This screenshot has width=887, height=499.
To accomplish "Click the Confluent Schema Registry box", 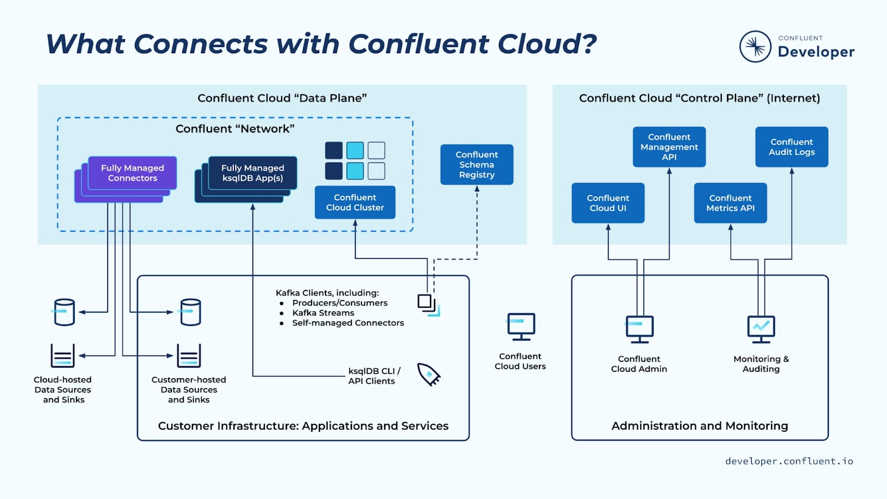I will coord(477,165).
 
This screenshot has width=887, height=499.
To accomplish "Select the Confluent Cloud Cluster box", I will coord(355,202).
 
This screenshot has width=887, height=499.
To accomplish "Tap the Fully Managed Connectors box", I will coord(132,173).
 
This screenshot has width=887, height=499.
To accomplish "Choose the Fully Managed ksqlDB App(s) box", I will coord(253,173).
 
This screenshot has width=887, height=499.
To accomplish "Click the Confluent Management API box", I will coord(669,147).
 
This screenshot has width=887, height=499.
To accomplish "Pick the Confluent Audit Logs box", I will coord(792,147).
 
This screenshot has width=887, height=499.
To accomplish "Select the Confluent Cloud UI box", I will coord(608,203).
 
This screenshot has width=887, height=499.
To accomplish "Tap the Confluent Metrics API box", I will coord(730,203).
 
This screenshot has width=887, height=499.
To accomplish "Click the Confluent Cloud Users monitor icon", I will coord(521,327).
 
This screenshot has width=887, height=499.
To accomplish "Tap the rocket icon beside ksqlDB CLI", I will coord(429,375).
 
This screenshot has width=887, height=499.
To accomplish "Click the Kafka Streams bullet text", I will coord(323,313).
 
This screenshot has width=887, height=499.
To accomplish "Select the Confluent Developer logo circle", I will coord(755,47).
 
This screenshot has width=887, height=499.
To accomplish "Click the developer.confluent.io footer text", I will coord(789,461).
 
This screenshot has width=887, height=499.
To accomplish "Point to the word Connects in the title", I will coord(201,44).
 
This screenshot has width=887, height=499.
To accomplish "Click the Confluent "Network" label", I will coord(235,129).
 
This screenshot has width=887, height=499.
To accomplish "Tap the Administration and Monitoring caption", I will coord(700,426).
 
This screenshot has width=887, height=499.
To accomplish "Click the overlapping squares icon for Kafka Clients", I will coord(428,304).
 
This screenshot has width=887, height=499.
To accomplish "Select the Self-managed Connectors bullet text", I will coord(348,323).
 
